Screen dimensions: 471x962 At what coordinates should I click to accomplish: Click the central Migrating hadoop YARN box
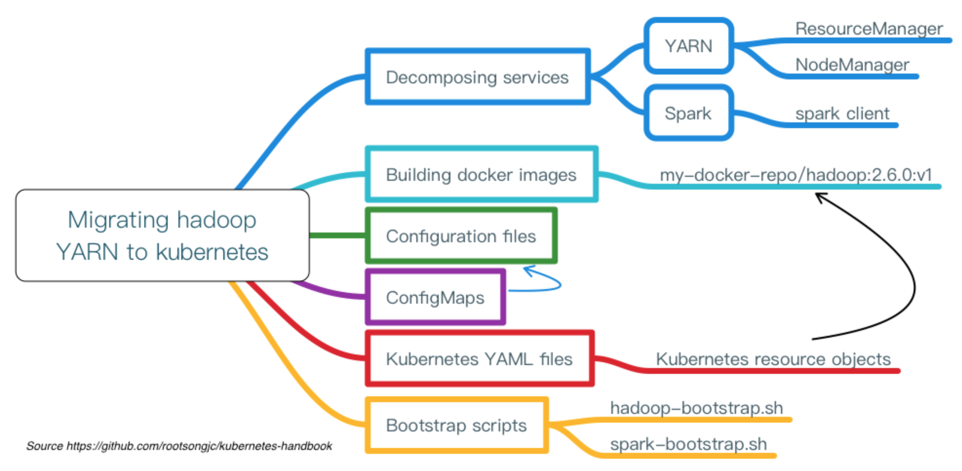(162, 235)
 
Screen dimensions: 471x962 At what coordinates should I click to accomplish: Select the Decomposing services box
(477, 77)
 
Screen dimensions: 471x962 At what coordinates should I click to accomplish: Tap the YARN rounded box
(688, 46)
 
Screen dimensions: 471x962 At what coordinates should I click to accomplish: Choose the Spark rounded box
(688, 113)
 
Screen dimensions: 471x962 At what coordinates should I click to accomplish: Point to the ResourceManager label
(869, 29)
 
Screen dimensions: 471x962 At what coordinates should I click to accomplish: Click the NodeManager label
(852, 65)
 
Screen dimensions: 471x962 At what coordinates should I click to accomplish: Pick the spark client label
(842, 113)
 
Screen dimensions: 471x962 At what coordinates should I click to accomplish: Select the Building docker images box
(481, 174)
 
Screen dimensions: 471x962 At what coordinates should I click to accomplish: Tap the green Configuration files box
(461, 236)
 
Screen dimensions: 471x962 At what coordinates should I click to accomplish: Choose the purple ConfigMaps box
(435, 297)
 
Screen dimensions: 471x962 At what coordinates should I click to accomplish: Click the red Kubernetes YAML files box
(479, 359)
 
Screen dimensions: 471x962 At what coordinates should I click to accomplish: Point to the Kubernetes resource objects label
(773, 359)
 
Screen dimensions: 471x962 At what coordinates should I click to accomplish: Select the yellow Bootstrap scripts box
(456, 425)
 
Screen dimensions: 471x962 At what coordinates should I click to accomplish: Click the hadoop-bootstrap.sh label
(696, 408)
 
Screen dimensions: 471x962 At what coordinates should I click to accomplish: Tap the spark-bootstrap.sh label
(688, 444)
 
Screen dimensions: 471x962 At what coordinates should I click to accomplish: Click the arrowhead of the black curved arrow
(818, 195)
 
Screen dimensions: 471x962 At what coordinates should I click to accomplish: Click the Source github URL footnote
(179, 446)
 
